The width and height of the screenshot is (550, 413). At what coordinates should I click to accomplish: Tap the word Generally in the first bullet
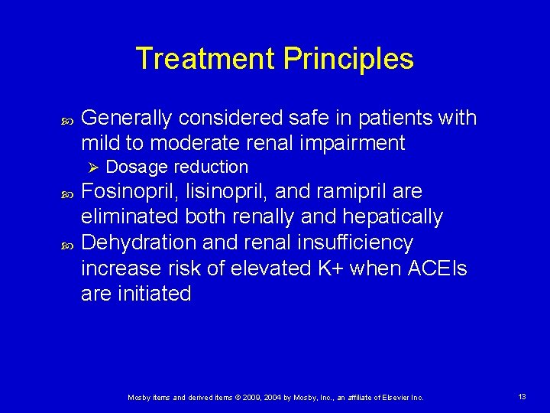coord(126,118)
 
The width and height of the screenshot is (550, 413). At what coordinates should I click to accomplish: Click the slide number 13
coord(522,397)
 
